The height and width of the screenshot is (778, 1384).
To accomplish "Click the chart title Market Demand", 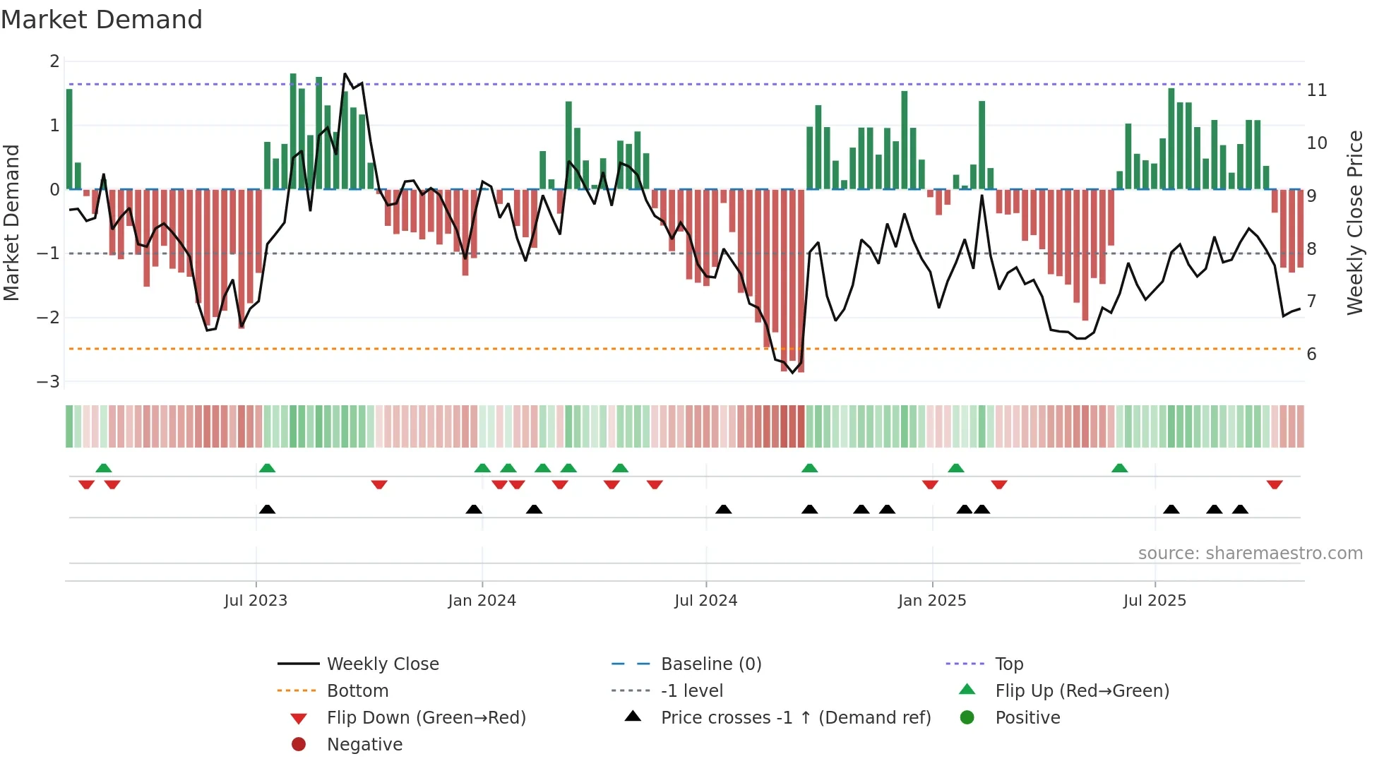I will [x=102, y=20].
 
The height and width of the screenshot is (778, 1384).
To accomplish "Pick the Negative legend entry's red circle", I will [x=299, y=744].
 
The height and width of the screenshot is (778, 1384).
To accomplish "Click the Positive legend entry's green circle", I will [x=967, y=717].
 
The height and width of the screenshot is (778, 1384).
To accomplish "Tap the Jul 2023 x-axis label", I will [x=256, y=600].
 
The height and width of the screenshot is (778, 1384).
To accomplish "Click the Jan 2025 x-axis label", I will [x=932, y=600].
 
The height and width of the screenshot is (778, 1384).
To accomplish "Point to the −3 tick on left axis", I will [x=49, y=381].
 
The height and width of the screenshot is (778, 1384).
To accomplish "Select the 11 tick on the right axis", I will [x=1316, y=90].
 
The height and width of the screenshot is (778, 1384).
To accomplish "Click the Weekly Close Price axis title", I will [x=1354, y=222].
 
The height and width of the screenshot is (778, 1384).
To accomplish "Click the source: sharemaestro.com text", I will [x=1250, y=553].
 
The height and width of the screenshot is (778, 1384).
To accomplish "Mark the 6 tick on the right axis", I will [x=1311, y=354].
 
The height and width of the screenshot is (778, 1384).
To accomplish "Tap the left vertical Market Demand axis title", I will [x=12, y=222].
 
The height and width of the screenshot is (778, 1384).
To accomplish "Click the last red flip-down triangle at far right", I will [x=1275, y=485].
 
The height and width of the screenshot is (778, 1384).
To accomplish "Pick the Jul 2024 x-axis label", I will [x=705, y=600].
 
